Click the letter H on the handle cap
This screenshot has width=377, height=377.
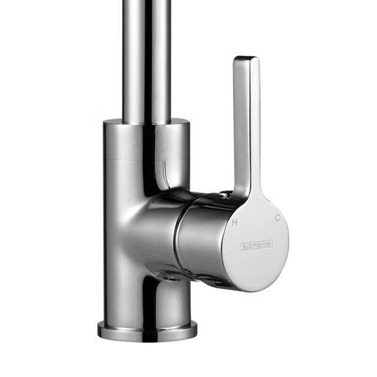tap(234, 223)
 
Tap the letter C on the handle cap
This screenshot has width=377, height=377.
tap(277, 218)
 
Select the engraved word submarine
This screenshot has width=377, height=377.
tap(257, 245)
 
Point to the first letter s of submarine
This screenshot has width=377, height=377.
tap(244, 247)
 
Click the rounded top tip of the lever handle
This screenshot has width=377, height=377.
tap(246, 58)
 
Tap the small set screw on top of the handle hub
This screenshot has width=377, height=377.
tap(224, 194)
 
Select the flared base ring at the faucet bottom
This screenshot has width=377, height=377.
tap(147, 330)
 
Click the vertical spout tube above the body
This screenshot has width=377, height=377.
tap(147, 60)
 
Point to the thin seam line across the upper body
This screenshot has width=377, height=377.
tap(146, 159)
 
